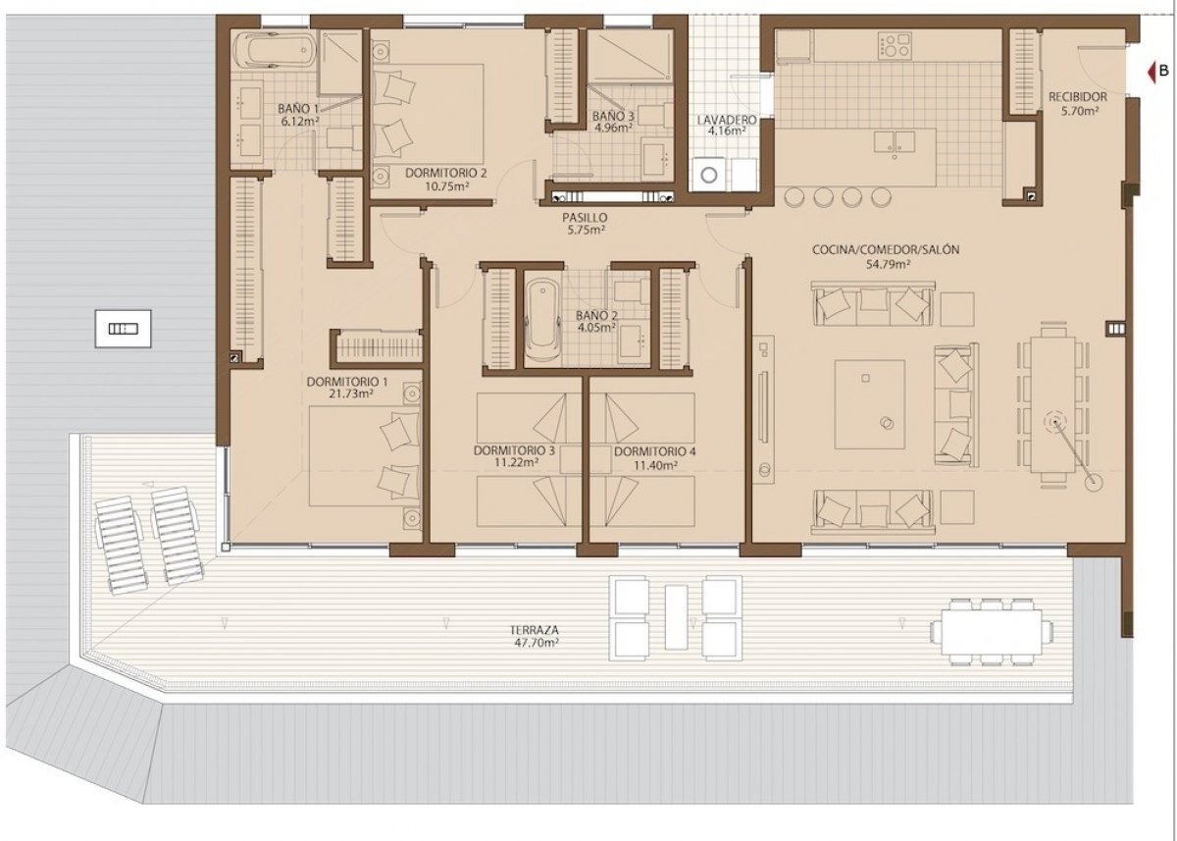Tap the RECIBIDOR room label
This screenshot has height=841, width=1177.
1077,97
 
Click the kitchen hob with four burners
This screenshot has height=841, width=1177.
895,46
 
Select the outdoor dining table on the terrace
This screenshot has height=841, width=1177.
992,628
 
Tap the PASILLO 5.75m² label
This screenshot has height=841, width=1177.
586,218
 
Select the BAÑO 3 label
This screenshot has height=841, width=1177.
613,117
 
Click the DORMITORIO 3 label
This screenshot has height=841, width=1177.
514,451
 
